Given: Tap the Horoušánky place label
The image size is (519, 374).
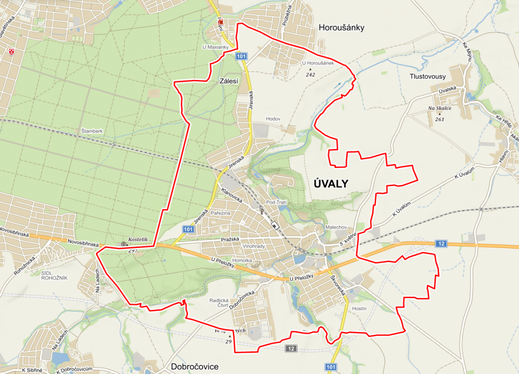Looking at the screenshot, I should (342, 28).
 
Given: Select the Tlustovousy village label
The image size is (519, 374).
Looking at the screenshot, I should (428, 76).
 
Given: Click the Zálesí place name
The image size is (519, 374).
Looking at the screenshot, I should (229, 80).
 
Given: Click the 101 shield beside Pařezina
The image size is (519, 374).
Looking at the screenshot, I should (188, 229).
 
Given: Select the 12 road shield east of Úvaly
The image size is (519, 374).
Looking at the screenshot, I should (441, 244).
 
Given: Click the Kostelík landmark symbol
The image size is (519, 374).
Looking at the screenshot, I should (125, 244).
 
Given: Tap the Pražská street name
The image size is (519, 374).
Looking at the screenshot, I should (229, 239).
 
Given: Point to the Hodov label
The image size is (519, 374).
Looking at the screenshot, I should (273, 119).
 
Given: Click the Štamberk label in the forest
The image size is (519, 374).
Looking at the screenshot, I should (92, 131).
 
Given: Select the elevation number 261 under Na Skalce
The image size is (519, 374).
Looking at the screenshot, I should (439, 119).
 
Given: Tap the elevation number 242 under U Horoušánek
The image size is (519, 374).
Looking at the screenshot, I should (310, 74).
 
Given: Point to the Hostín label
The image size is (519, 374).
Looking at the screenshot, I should (358, 308).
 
